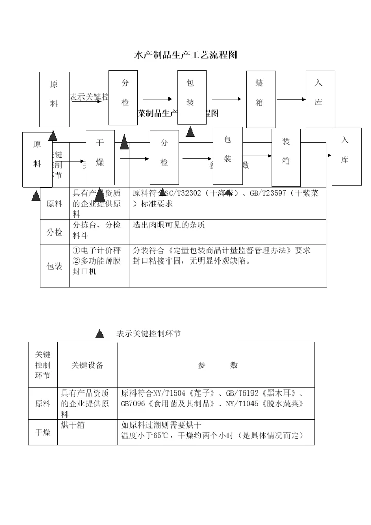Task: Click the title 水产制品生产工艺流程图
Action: [185, 55]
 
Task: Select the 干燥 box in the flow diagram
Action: [100, 157]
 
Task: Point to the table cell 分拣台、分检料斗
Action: [97, 229]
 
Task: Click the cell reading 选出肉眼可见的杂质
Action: [169, 225]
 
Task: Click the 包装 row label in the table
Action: [55, 267]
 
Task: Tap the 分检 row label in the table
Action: [55, 233]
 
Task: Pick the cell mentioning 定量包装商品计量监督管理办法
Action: [222, 251]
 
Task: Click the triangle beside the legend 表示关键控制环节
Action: [100, 334]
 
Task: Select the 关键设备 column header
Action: [88, 365]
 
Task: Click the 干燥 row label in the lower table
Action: [43, 432]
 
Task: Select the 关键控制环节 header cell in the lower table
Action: [43, 365]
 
